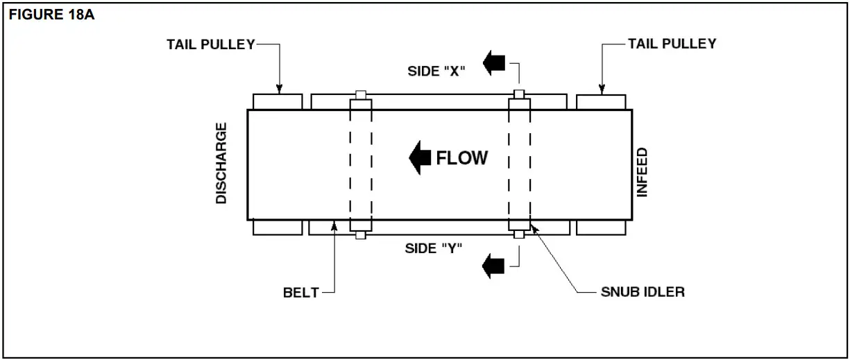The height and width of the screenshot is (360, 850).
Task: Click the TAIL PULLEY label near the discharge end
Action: coord(211,44)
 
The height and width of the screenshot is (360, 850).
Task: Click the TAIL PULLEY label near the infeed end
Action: coord(672,44)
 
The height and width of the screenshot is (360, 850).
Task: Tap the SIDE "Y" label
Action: coord(434,248)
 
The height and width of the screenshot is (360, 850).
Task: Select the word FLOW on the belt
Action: coord(461,158)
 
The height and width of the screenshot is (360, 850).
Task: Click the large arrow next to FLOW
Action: coord(420,158)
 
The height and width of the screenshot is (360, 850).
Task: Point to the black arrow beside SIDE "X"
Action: coord(494,63)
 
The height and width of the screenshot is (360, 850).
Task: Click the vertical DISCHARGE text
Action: coord(221,163)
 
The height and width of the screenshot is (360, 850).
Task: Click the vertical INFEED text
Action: coord(643,172)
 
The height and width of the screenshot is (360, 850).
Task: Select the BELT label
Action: coord(300,292)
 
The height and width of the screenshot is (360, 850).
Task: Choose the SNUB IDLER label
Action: coord(643,291)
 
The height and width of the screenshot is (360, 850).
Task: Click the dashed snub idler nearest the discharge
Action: coord(361,165)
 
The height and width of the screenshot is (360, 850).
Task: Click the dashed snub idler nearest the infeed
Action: coord(519,165)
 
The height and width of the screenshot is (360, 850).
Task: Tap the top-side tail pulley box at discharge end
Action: coord(278,101)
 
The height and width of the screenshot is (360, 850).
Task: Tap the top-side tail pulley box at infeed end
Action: coord(601,101)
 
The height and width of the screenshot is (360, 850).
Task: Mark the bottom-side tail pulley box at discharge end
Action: coord(278,228)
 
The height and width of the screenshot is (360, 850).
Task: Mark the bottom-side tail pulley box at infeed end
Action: coord(601,228)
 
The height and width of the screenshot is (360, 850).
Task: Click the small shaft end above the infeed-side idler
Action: coord(518,94)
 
